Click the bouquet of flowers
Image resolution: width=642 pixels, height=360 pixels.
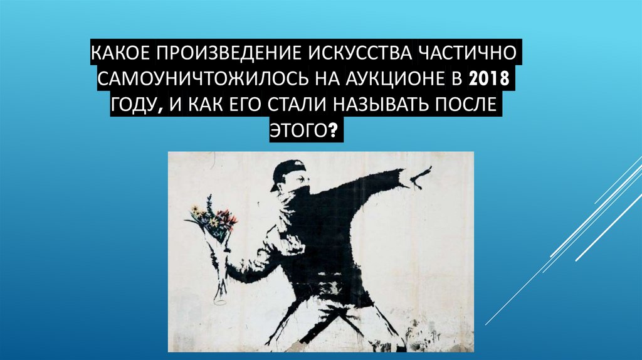coord(211,220)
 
